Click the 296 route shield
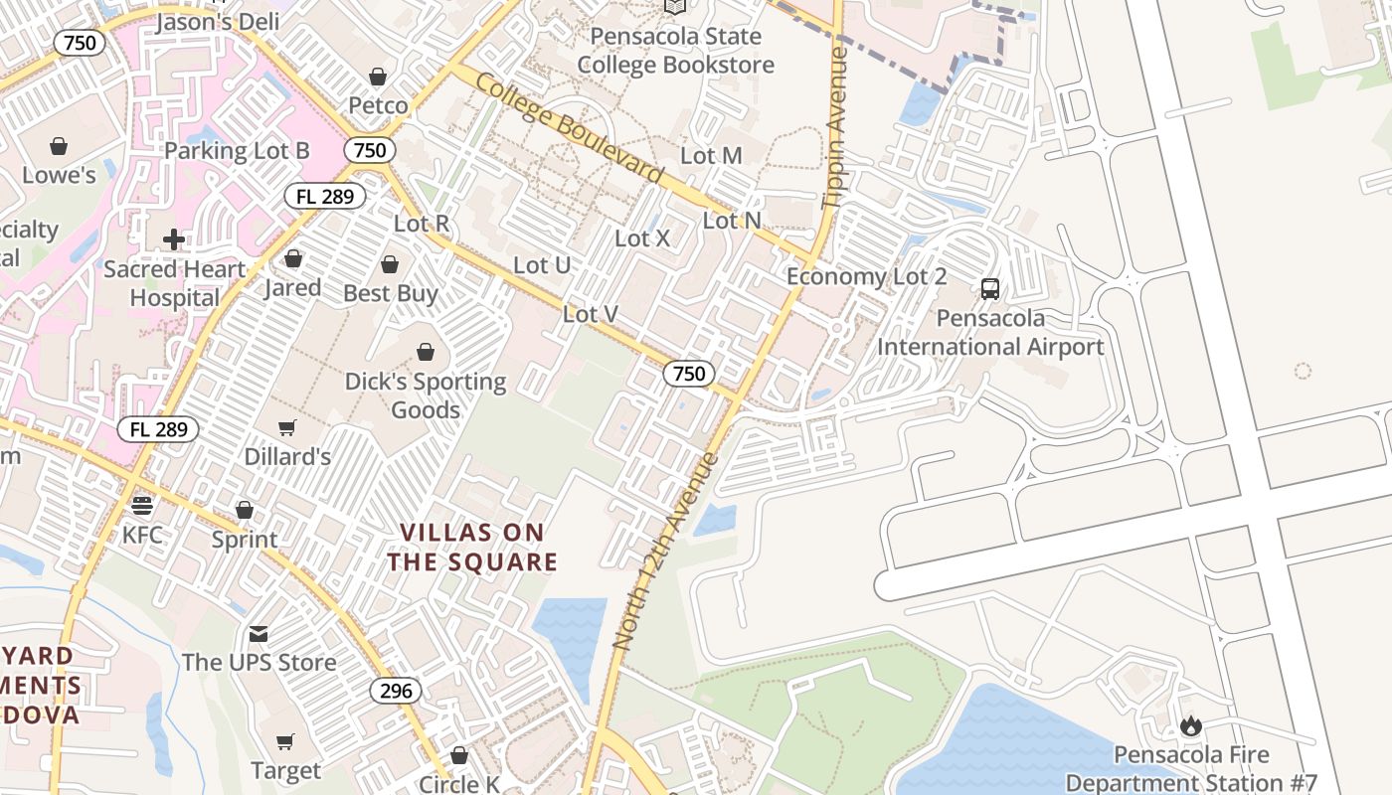click(396, 691)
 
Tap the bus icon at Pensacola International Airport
click(990, 289)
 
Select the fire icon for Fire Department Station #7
click(1190, 726)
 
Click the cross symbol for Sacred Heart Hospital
click(174, 239)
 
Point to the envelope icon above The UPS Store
click(259, 633)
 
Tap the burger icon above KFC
click(142, 505)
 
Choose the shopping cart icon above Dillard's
click(287, 427)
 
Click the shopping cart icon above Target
click(285, 741)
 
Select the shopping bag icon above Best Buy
click(390, 264)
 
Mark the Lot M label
click(711, 156)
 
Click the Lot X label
click(642, 238)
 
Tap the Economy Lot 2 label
click(866, 276)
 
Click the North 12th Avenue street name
click(665, 552)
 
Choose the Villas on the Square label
click(472, 548)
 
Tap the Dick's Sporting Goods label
click(426, 396)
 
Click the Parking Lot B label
click(237, 151)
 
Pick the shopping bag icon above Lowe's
click(59, 147)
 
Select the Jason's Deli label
click(218, 22)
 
